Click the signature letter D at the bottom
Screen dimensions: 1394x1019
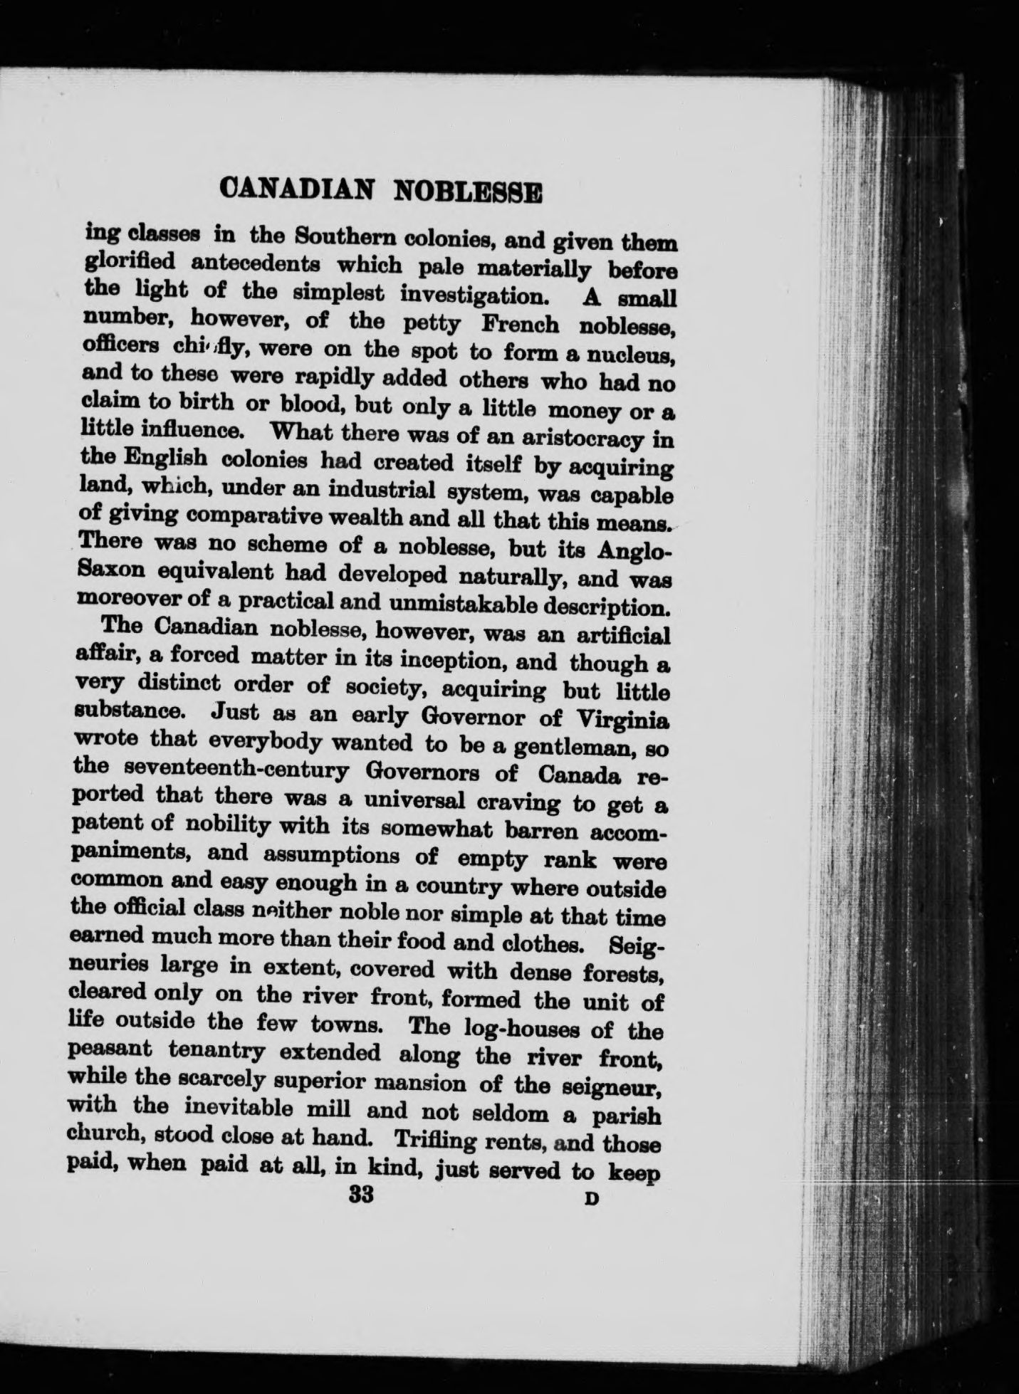click(x=590, y=1198)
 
